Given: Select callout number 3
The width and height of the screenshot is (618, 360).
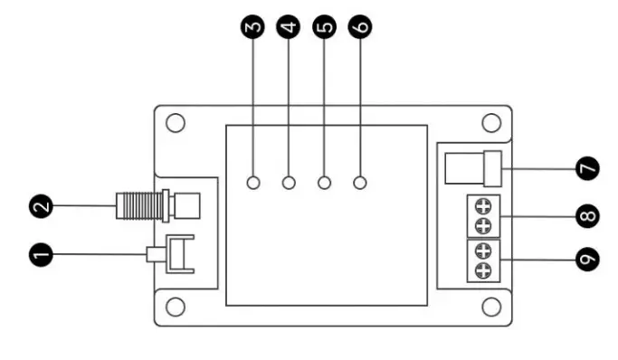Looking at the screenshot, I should tap(254, 27).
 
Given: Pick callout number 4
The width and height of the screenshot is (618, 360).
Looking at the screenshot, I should tap(289, 27).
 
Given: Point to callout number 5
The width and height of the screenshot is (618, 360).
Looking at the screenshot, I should tap(324, 27).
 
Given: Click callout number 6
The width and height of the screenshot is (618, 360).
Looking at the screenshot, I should tap(359, 27).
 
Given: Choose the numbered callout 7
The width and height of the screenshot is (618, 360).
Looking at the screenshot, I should tap(586, 168).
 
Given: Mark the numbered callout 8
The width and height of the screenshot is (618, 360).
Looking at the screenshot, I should tap(586, 217).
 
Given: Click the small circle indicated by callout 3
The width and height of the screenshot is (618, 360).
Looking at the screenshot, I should tap(254, 184).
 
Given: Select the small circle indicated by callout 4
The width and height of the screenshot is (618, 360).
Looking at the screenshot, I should tap(290, 184).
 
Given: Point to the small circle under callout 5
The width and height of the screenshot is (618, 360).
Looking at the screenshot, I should tap(325, 184).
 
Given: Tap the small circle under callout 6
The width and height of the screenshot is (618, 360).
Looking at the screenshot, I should tap(360, 184).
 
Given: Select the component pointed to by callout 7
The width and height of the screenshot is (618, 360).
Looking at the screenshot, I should tap(472, 168).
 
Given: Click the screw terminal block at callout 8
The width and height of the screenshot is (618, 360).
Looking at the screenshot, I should tap(483, 215).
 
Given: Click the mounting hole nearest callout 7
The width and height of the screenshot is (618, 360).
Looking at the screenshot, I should tap(491, 122).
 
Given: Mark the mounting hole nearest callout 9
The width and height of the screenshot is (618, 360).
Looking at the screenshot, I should tap(491, 308).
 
